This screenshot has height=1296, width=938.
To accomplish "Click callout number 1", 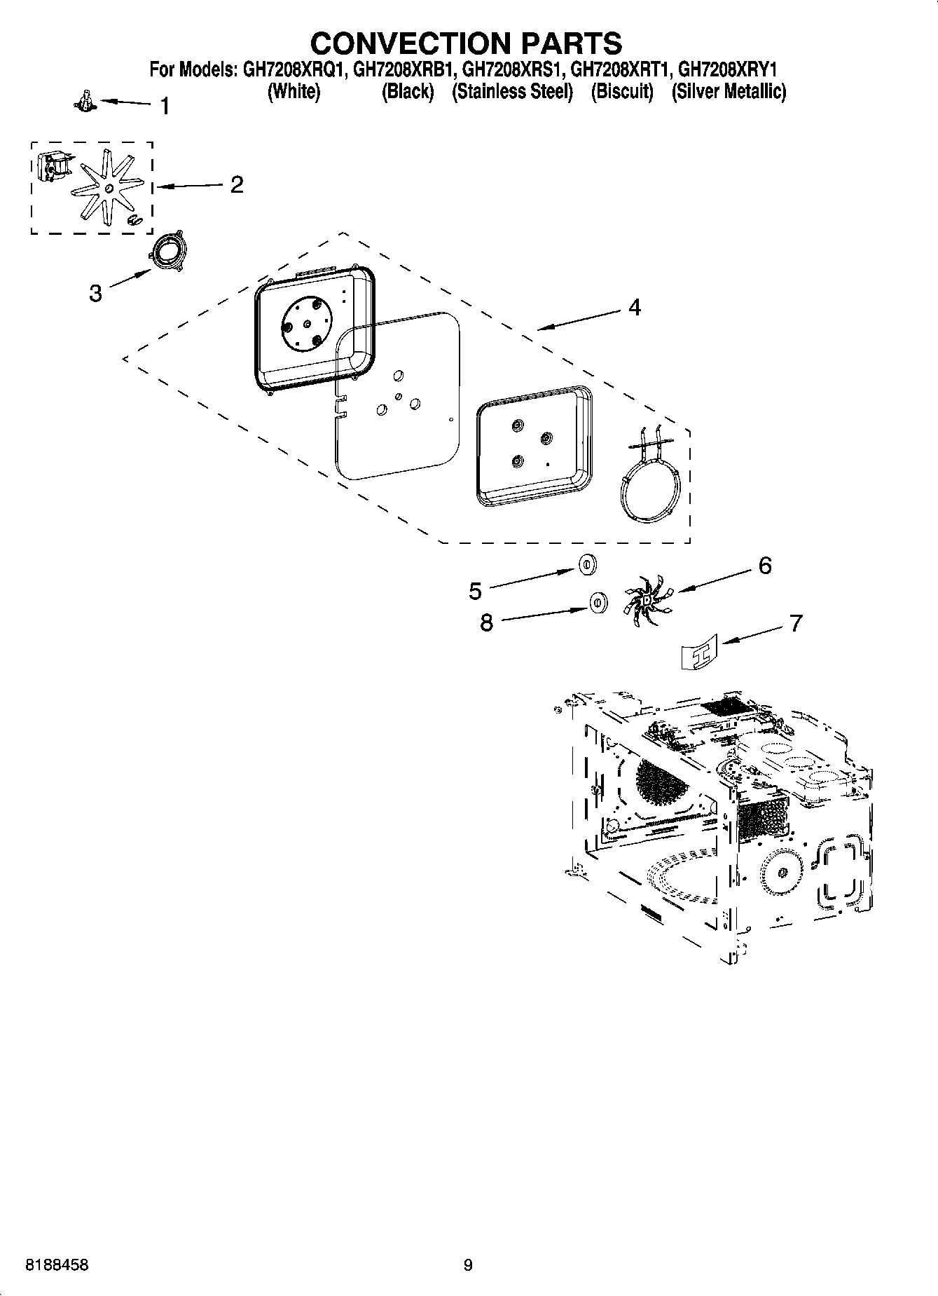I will pyautogui.click(x=165, y=107).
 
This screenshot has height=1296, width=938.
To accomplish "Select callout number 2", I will pyautogui.click(x=237, y=185).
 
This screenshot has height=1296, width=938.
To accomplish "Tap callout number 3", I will pyautogui.click(x=95, y=293).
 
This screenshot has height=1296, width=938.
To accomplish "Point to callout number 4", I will pyautogui.click(x=634, y=307).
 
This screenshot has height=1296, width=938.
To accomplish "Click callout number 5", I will pyautogui.click(x=475, y=592).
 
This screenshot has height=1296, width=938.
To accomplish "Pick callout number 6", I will pyautogui.click(x=765, y=565).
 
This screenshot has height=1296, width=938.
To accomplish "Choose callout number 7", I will pyautogui.click(x=796, y=622).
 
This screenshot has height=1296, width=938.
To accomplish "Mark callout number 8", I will pyautogui.click(x=486, y=622).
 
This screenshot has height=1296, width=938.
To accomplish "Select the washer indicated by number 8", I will pyautogui.click(x=597, y=601).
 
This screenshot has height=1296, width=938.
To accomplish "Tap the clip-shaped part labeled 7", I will pyautogui.click(x=701, y=651).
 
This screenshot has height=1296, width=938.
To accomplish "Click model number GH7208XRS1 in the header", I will pyautogui.click(x=513, y=70).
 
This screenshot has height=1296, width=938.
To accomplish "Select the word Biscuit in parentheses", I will pyautogui.click(x=622, y=92).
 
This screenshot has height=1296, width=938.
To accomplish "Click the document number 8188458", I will pyautogui.click(x=57, y=1265).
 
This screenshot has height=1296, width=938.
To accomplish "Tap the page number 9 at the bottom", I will pyautogui.click(x=468, y=1265).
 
